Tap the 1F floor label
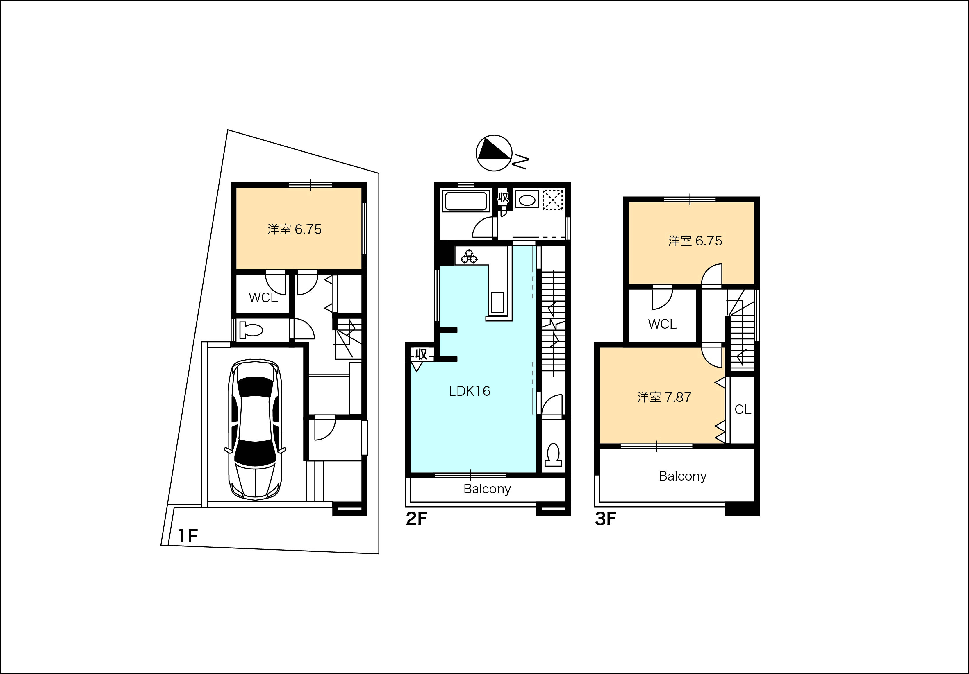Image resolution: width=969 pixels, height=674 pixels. click(x=188, y=536)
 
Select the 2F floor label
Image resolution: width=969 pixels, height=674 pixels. click(x=417, y=519)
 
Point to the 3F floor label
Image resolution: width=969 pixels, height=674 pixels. click(x=606, y=519)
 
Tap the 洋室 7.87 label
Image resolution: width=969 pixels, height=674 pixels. click(x=664, y=397)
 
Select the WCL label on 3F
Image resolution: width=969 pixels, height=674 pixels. click(x=662, y=324)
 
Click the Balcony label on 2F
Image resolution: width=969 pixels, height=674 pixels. click(x=487, y=489)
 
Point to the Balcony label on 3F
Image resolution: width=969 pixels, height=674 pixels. click(x=682, y=476)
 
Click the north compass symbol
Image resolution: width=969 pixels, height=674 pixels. click(x=494, y=153)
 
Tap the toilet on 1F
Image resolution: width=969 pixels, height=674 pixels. click(x=251, y=330)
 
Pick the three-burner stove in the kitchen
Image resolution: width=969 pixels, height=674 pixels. click(x=469, y=257)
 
